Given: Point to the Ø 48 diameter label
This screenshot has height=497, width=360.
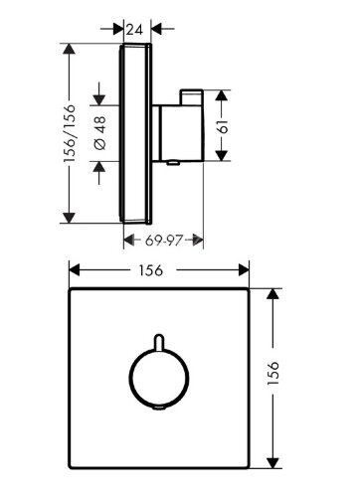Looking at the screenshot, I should click(x=98, y=133).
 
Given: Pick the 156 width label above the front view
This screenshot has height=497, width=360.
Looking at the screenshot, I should click(x=159, y=268).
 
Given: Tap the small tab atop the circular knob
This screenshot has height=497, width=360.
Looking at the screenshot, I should click(x=158, y=342).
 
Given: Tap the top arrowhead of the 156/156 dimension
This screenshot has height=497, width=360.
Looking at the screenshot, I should click(x=68, y=48).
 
